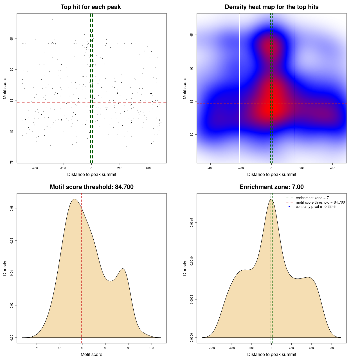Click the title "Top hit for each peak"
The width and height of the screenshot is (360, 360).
tap(91, 7)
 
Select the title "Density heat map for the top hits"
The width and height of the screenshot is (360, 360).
tap(271, 7)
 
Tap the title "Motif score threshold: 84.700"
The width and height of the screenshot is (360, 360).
tap(91, 187)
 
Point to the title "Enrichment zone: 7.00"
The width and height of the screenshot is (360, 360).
tap(271, 187)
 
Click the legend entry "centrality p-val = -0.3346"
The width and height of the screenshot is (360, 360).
tap(316, 207)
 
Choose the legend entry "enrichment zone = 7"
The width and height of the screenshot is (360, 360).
tap(312, 198)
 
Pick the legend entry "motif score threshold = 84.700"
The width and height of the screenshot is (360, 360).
tap(320, 202)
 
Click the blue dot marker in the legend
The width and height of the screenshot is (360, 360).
tap(289, 207)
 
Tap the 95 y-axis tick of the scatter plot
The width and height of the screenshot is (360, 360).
tap(12, 39)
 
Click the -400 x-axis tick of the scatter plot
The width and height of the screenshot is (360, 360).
tap(35, 168)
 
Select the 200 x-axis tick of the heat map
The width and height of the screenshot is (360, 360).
tap(302, 168)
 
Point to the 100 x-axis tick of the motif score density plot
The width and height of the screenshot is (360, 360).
tap(152, 348)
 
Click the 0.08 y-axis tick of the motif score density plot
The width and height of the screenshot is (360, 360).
tap(12, 208)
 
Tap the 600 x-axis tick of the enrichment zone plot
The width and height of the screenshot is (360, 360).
tap(331, 348)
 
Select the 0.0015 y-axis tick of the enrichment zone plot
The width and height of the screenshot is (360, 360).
tap(192, 223)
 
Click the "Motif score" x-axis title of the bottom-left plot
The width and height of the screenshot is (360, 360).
tap(91, 354)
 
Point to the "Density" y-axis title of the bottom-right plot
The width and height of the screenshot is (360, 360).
tap(185, 268)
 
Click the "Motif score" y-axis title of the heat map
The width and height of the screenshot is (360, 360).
tap(185, 88)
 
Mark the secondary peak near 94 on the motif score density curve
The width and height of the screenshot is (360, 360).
tap(123, 269)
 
